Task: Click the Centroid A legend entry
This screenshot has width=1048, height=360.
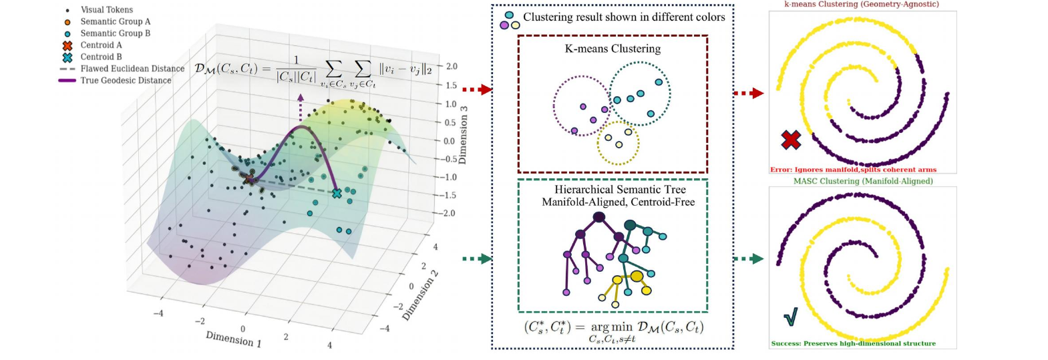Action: click(x=92, y=45)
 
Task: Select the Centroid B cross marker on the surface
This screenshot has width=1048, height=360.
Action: click(x=337, y=193)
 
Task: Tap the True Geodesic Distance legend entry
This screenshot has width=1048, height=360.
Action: click(x=115, y=80)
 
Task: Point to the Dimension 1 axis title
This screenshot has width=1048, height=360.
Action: click(x=234, y=339)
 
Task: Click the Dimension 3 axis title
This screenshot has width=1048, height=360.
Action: click(x=463, y=135)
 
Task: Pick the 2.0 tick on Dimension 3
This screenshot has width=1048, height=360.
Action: click(x=452, y=66)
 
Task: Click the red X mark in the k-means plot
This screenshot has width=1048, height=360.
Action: click(x=791, y=140)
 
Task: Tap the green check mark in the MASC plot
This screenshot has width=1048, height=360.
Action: click(x=791, y=317)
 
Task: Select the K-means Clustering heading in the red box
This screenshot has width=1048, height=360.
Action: click(x=613, y=49)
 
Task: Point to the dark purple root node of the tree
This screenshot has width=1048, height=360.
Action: click(x=599, y=217)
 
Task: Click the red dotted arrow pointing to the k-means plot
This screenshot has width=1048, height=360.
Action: click(x=749, y=94)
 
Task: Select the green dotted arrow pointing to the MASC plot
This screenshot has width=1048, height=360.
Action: click(x=749, y=258)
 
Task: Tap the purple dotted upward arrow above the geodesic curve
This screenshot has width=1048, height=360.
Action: click(x=301, y=108)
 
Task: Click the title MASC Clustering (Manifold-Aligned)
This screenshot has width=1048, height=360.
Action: click(x=863, y=181)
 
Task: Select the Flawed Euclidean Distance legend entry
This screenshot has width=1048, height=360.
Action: click(x=121, y=69)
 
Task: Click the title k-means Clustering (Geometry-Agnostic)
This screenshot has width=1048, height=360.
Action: click(x=862, y=4)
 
